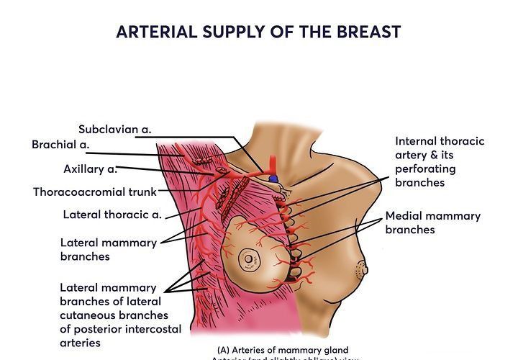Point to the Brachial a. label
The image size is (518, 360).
coord(60,145)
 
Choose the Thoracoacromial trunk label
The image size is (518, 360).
coord(95,192)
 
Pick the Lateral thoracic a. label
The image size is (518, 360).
coord(112,215)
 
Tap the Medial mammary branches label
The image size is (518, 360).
coord(432,222)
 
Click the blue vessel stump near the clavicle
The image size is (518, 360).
coord(273,178)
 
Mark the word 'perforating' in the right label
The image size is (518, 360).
coord(425,169)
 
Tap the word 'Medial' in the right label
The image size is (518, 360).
coord(405,216)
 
